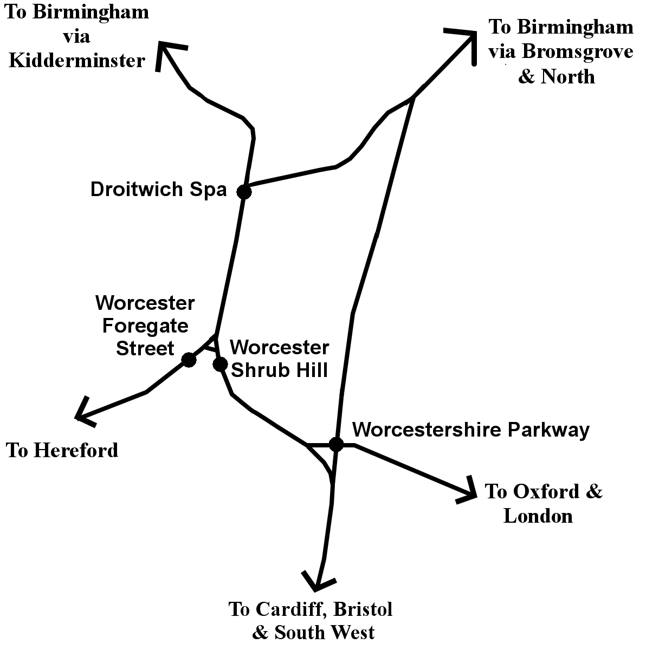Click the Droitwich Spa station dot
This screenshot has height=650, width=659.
click(x=244, y=191)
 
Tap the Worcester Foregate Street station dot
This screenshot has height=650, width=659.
click(x=189, y=360)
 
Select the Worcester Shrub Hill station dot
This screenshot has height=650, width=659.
click(x=220, y=364)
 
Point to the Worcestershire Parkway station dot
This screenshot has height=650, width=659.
click(x=336, y=444)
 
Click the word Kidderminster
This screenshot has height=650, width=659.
click(x=77, y=60)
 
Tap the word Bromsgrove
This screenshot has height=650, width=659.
click(x=577, y=52)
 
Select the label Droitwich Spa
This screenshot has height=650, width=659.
click(x=158, y=190)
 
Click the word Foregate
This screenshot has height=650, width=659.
click(x=145, y=326)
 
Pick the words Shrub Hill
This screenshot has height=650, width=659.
click(x=279, y=370)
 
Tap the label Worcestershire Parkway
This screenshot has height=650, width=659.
click(x=470, y=430)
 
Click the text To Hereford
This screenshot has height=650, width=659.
click(x=62, y=450)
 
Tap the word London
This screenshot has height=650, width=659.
click(x=538, y=516)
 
